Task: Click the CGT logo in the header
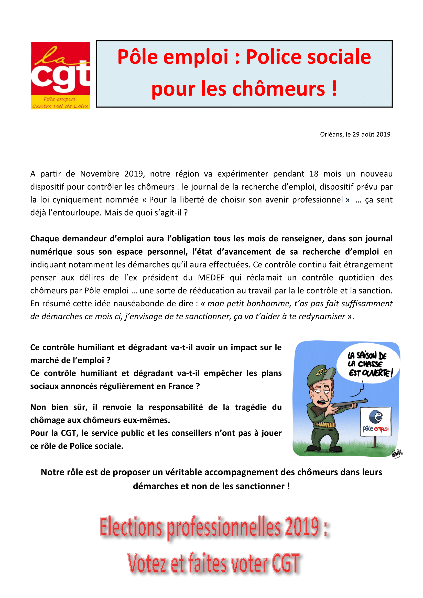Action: (x=60, y=75)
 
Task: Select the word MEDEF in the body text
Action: (x=211, y=278)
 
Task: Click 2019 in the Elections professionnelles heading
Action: (x=302, y=527)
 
